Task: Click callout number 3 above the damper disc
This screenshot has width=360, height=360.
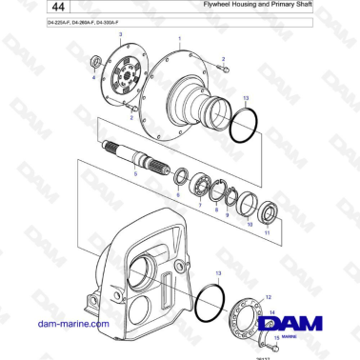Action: point(120,33)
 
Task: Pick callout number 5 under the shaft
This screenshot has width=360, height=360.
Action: point(136,173)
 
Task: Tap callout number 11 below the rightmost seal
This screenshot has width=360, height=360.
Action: point(267,233)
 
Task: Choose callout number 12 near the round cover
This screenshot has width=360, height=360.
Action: point(268,297)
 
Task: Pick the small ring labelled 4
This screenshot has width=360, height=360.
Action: point(94,64)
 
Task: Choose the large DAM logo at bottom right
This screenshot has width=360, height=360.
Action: point(290,324)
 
